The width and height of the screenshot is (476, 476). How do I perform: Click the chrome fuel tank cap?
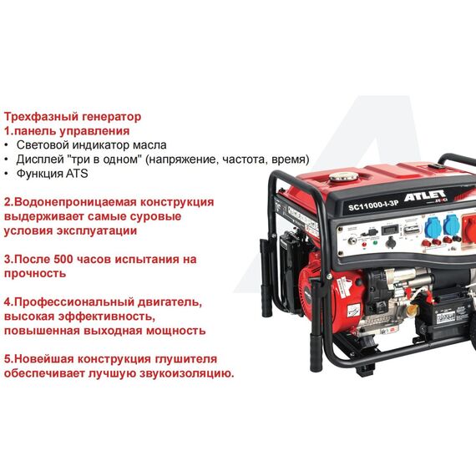tap(343, 176)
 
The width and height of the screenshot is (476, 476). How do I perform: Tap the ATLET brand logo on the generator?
tap(426, 195)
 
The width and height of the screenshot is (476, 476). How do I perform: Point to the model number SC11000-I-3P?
tap(372, 205)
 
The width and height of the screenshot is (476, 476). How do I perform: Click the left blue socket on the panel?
tap(433, 225)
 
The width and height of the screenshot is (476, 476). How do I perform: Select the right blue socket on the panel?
tap(452, 224)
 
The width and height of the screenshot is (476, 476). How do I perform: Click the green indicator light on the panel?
tap(375, 242)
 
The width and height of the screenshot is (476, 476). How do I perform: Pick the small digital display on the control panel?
tap(389, 230)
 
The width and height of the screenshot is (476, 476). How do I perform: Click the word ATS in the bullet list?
tap(77, 174)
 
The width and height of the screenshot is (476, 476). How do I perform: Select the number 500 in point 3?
tap(63, 259)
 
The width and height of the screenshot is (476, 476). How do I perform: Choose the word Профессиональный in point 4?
tap(74, 302)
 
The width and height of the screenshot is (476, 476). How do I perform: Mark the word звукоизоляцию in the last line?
tap(187, 373)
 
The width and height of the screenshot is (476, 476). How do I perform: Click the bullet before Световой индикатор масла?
tap(6, 145)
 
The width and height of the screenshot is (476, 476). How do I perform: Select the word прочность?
tap(35, 274)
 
